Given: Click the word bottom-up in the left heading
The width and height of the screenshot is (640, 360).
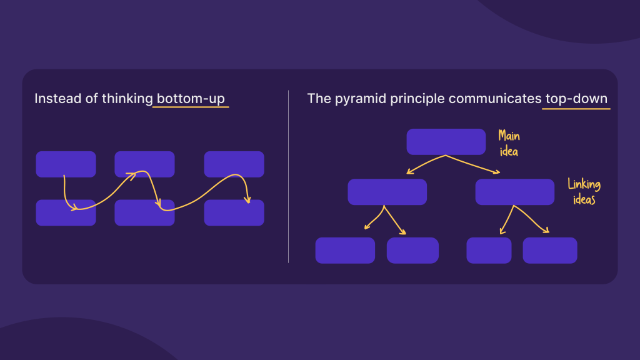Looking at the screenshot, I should (191, 99).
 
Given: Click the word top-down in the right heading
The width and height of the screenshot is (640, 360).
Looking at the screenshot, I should (575, 99).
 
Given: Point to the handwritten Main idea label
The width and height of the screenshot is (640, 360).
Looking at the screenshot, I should (509, 143).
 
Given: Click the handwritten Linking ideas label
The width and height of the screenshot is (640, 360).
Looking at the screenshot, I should (584, 192).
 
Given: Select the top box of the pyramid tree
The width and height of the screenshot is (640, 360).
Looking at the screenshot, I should (446, 142).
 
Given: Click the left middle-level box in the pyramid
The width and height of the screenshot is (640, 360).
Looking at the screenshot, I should (387, 192).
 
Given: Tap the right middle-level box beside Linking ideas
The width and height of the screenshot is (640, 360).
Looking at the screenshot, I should (514, 192).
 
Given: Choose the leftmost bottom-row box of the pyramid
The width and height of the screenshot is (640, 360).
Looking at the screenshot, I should (345, 250).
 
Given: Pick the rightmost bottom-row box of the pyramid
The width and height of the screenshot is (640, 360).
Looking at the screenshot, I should (550, 250).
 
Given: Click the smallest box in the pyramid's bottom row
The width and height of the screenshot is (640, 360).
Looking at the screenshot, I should (489, 250).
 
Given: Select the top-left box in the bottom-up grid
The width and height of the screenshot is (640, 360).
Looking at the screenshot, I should (66, 164).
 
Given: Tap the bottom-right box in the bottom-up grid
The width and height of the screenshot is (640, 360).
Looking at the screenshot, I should (234, 212).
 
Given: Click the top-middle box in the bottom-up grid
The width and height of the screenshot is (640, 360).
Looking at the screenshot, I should (144, 164).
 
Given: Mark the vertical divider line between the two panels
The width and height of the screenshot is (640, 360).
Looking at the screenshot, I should (288, 176).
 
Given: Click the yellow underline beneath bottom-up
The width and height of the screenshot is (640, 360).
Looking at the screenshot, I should (191, 107).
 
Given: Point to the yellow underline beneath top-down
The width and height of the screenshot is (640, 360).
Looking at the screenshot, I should (575, 109).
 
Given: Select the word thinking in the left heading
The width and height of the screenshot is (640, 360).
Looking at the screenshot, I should (127, 99).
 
